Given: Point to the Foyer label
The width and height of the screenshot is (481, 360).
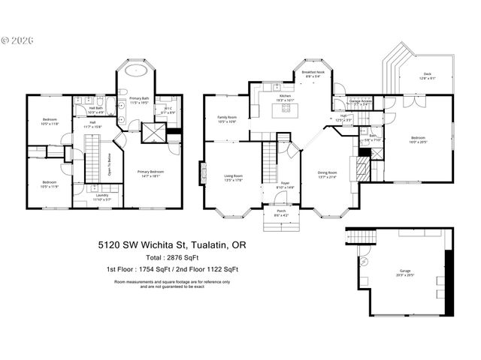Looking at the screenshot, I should tap(286, 184).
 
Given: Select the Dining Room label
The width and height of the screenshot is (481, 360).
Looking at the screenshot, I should tap(328, 174).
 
